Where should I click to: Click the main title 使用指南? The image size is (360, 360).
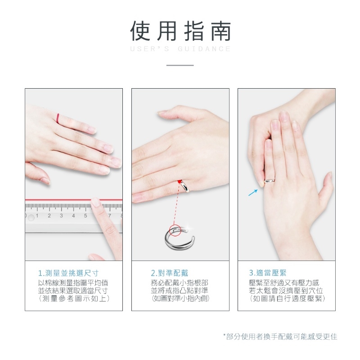coord(180,31)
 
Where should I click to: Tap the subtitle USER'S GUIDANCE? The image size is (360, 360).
coord(180,49)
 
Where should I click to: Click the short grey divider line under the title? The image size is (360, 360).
coord(180,65)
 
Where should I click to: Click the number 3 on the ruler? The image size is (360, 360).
coord(61,216)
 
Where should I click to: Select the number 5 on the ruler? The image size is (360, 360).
coord(85,216)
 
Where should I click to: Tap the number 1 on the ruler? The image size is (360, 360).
coord(37,216)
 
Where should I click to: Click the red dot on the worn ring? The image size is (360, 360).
coord(179,182)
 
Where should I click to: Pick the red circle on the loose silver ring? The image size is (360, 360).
coord(175,230)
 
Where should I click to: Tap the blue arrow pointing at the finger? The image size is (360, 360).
coord(253,193)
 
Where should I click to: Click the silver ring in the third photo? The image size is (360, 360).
coord(270,181)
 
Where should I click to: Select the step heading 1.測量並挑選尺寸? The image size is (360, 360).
coord(68,273)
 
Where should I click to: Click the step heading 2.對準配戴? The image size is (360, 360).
coord(170,273)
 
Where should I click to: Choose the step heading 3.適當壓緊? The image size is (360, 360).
coord(268,273)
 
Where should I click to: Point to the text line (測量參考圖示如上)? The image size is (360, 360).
coord(74,298)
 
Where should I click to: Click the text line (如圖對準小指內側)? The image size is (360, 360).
coord(180,298)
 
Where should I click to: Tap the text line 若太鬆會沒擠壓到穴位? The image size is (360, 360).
coord(286,291)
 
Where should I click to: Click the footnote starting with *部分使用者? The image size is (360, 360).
coord(280,337)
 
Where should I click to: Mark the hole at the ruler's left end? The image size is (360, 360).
coord(31,217)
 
